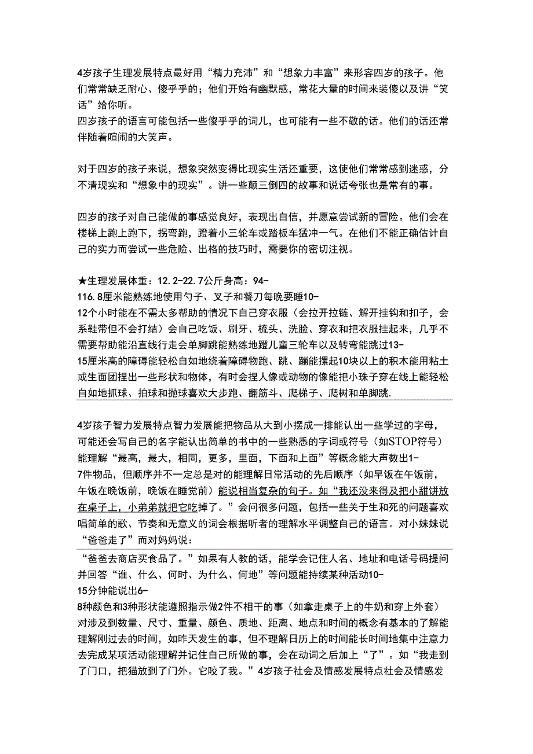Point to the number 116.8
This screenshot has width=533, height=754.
(x=92, y=297)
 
